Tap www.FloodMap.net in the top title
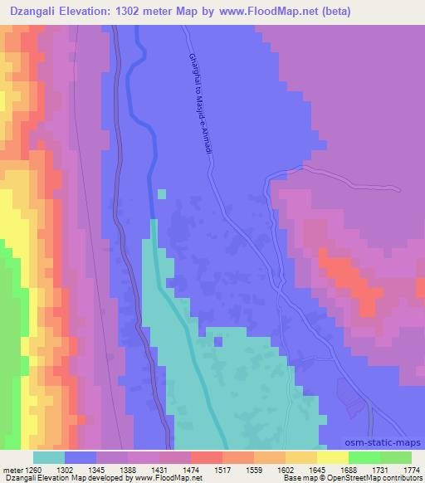point(257,12)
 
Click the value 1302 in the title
point(136,12)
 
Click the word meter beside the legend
point(14,469)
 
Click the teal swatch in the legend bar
point(49,457)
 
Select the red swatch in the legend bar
point(206,457)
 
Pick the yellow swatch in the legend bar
point(332,457)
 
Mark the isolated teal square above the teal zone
point(161,194)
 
